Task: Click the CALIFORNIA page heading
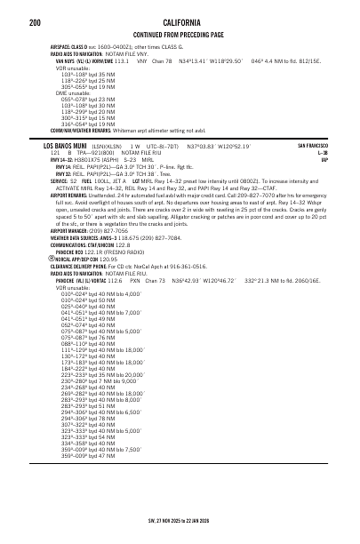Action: tap(180, 21)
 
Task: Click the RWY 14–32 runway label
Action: tap(61, 159)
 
